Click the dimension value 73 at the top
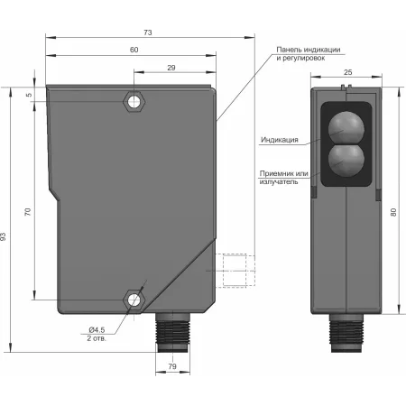click(148, 32)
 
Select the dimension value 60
click(134, 50)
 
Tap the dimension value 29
click(171, 68)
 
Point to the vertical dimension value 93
click(4, 236)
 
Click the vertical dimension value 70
click(28, 212)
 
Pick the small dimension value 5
click(29, 95)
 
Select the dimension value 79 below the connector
click(172, 366)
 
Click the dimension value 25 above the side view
click(348, 72)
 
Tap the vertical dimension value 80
click(393, 212)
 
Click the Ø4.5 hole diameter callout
click(97, 329)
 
